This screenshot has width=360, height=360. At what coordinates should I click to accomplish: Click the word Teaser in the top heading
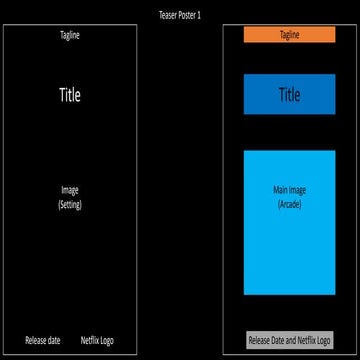pyautogui.click(x=167, y=15)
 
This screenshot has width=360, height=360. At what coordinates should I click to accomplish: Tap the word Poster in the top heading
pyautogui.click(x=187, y=15)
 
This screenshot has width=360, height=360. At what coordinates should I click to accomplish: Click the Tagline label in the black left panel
pyautogui.click(x=69, y=35)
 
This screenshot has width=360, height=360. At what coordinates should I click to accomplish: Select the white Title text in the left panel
pyautogui.click(x=69, y=95)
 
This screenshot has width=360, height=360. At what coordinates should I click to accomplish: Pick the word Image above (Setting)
pyautogui.click(x=69, y=190)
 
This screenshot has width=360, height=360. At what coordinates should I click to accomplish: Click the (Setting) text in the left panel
pyautogui.click(x=69, y=204)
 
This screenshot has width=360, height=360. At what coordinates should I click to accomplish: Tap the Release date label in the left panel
pyautogui.click(x=43, y=340)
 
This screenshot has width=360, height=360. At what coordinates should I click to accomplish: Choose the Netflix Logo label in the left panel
pyautogui.click(x=97, y=340)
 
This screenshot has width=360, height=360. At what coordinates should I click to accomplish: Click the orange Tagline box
pyautogui.click(x=289, y=35)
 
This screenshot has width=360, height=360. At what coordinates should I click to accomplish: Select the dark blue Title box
pyautogui.click(x=289, y=95)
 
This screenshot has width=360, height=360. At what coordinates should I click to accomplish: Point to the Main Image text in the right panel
pyautogui.click(x=288, y=190)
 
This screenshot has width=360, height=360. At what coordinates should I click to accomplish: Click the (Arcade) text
pyautogui.click(x=288, y=204)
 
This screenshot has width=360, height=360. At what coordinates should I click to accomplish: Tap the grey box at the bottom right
pyautogui.click(x=289, y=340)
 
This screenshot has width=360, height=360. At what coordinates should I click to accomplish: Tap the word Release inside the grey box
pyautogui.click(x=260, y=340)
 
